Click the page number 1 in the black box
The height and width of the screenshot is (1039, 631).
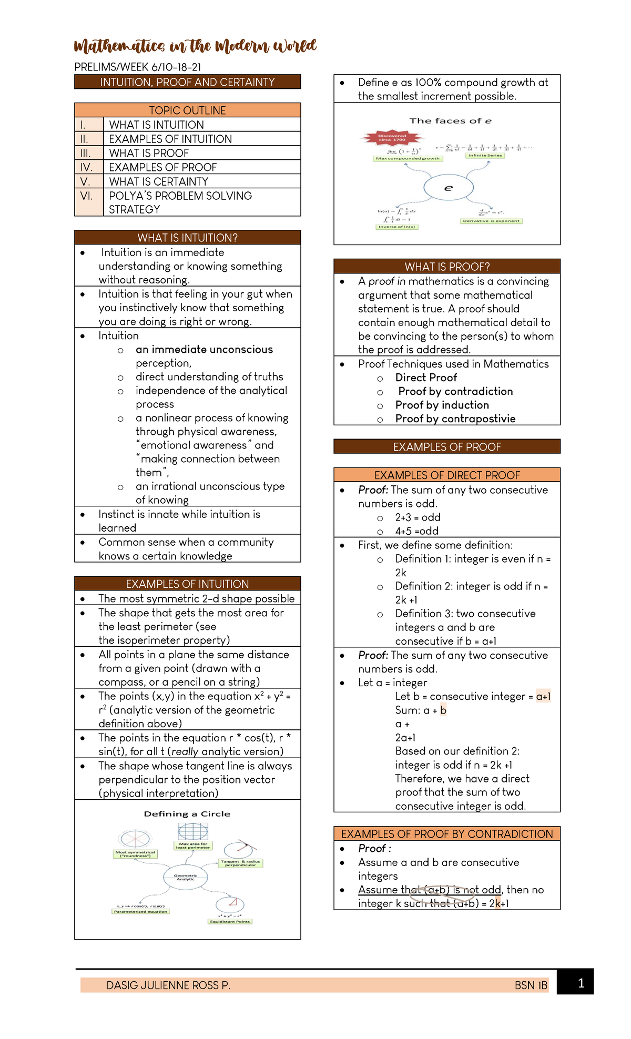[x=581, y=983]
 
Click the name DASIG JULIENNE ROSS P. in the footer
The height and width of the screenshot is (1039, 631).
[x=168, y=985]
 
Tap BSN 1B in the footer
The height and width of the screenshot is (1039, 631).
[x=531, y=985]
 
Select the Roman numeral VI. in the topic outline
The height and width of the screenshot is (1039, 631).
[x=86, y=196]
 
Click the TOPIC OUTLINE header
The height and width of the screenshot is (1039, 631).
[x=187, y=110]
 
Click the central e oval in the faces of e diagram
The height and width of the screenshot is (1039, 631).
[x=449, y=188]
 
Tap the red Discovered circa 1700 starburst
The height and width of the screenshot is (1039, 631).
[x=392, y=138]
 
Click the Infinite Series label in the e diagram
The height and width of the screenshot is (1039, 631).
[x=485, y=155]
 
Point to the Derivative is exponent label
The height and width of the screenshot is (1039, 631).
[x=491, y=221]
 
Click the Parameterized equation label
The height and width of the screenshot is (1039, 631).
[x=140, y=911]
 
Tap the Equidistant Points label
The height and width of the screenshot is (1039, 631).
[x=230, y=921]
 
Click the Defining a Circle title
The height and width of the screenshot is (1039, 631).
[x=187, y=814]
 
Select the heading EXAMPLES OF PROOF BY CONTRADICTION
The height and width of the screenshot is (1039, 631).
[x=447, y=834]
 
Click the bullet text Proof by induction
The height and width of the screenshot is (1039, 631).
[x=442, y=405]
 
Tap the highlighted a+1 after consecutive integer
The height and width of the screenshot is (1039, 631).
[x=543, y=696]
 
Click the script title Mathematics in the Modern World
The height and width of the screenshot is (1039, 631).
[x=195, y=46]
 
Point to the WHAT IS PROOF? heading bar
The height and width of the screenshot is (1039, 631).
[x=447, y=267]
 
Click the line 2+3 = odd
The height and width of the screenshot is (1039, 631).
[x=418, y=517]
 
